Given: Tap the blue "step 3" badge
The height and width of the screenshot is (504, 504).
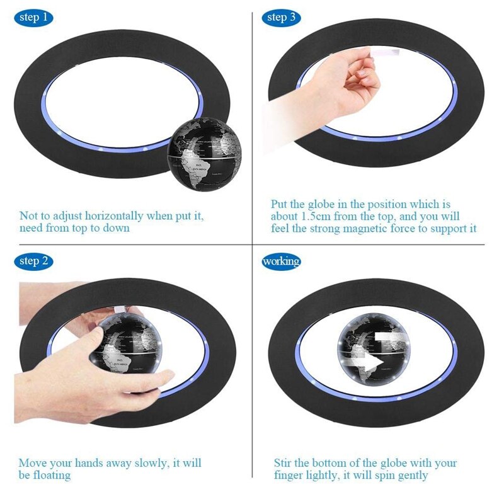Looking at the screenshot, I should click(x=281, y=17).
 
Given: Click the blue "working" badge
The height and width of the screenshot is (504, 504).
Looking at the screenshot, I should click(x=281, y=261).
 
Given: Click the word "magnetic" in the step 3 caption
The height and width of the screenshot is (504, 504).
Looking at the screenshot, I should click(x=367, y=228).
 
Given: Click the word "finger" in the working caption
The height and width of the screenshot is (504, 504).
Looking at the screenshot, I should click(x=290, y=475).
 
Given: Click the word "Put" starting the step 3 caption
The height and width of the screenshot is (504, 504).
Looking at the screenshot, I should click(x=280, y=205).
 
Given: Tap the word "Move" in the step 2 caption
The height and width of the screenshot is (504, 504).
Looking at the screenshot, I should click(x=33, y=463).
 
